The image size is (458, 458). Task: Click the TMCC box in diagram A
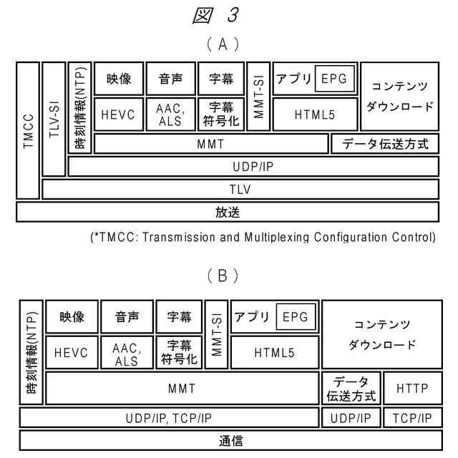[x=28, y=130]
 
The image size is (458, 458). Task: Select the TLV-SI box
[x=54, y=119]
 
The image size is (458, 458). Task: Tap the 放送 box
[x=227, y=212]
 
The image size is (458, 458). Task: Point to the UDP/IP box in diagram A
[x=253, y=166]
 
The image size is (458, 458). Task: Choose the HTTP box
[x=412, y=389]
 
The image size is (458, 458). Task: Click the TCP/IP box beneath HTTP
[x=412, y=417]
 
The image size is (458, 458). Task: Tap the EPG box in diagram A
[x=334, y=79]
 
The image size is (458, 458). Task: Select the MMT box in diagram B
[x=182, y=389]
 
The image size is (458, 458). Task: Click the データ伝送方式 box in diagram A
[x=385, y=143]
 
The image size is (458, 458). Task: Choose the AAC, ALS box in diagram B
[x=127, y=352]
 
